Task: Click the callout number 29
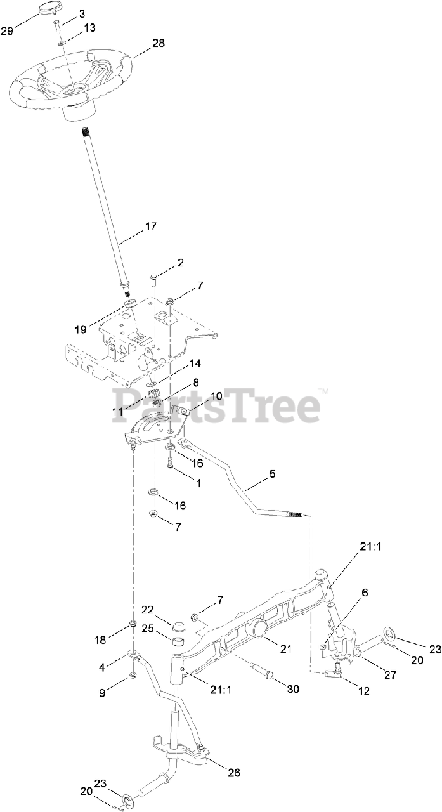pyautogui.click(x=7, y=30)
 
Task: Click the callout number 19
pyautogui.click(x=80, y=329)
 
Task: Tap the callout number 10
pyautogui.click(x=216, y=396)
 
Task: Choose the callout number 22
pyautogui.click(x=148, y=610)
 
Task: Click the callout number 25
pyautogui.click(x=148, y=629)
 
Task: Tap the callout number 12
pyautogui.click(x=363, y=691)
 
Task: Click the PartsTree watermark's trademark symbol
pyautogui.click(x=323, y=391)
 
